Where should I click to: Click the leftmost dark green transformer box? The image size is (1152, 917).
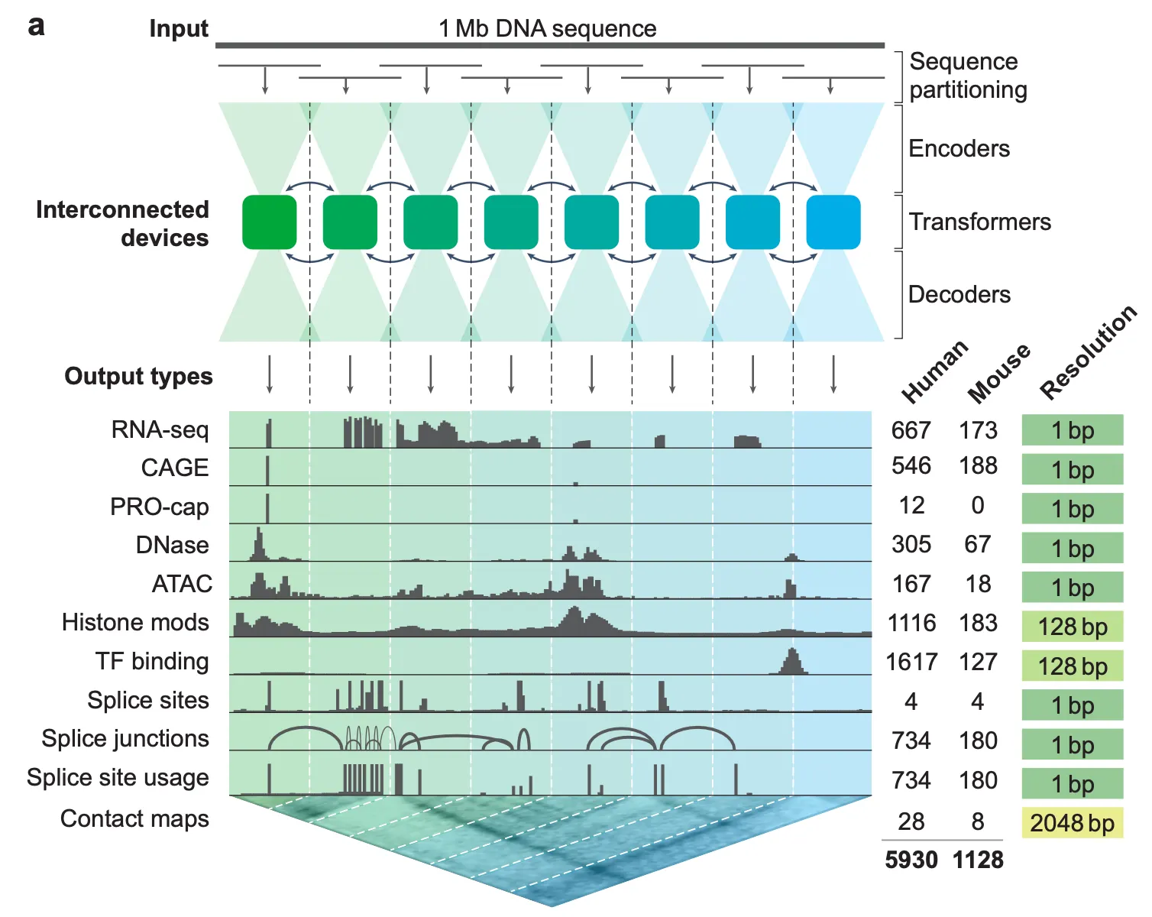coord(269,222)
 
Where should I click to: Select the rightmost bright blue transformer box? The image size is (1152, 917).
coord(833,222)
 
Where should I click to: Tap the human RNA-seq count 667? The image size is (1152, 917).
coord(911,430)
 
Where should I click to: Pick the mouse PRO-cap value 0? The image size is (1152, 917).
coord(977,505)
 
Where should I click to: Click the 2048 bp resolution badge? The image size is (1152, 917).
coord(1072,823)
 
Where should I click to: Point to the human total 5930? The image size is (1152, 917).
coord(911,860)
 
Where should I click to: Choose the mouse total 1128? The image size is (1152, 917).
coord(978,860)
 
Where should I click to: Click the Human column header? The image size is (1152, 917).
coord(935,371)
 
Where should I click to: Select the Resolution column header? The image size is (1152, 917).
coord(1088,352)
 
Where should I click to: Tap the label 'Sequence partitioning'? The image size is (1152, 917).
coord(968,75)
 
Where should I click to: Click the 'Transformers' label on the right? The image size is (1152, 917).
coord(979,222)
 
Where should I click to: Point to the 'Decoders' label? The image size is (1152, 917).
coord(959,294)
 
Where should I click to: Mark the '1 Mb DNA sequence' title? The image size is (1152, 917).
coord(547,28)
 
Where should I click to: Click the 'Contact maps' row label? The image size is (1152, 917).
coord(134,818)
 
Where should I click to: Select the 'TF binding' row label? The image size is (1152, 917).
coord(152,661)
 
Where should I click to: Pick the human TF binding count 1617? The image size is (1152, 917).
coord(911,661)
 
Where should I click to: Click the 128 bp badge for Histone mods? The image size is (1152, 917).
coord(1072,627)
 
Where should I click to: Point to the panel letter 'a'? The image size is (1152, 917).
coord(36,26)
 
